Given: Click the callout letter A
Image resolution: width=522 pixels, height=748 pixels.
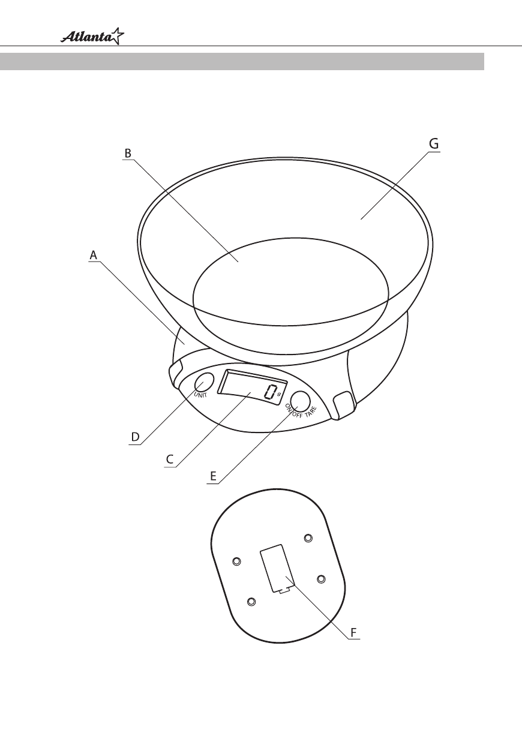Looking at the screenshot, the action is (x=93, y=255).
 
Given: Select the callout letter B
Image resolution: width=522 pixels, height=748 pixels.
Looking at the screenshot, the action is (x=128, y=154).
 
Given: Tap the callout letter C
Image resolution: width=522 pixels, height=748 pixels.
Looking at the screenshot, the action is (x=170, y=459).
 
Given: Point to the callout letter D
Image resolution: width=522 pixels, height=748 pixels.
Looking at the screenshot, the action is (x=135, y=437).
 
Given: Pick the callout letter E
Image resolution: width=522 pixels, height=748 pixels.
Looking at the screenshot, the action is (x=214, y=476).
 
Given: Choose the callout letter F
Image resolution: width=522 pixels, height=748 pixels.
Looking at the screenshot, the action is (x=353, y=632).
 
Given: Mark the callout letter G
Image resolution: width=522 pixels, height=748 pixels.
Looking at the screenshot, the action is (x=434, y=144).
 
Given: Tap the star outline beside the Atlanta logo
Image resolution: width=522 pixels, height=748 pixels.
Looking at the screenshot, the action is (x=117, y=36).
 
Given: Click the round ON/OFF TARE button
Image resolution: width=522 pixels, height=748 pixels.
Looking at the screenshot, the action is (x=300, y=401).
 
